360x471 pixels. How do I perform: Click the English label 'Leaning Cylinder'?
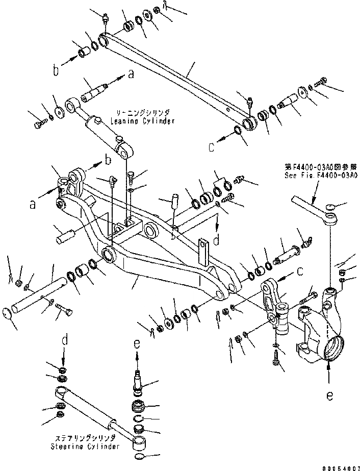pyautogui.click(x=142, y=121)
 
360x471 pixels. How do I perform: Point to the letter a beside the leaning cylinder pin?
pyautogui.click(x=131, y=75)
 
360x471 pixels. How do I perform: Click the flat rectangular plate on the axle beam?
pyautogui.click(x=205, y=252)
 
